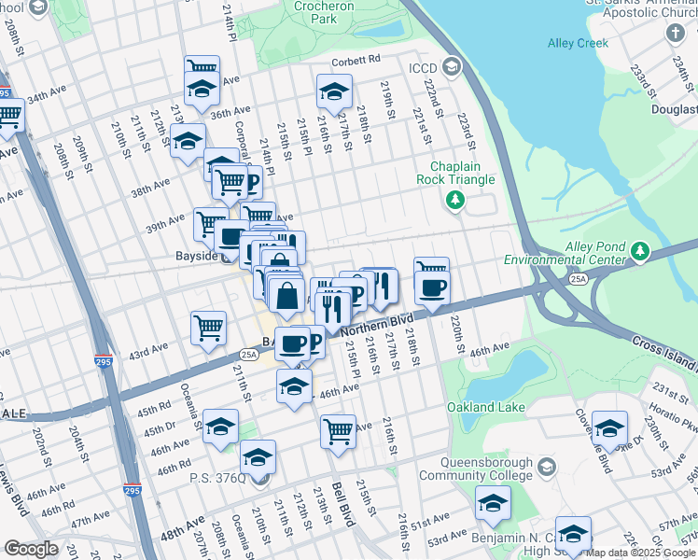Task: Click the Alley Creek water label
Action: (579, 43)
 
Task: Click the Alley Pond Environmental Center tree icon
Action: (639, 251)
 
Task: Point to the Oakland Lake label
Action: (485, 408)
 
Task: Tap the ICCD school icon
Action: (452, 65)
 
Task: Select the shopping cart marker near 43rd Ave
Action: (208, 328)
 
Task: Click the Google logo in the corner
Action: (31, 548)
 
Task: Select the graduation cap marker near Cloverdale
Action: (609, 428)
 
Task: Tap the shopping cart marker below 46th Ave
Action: (338, 432)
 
